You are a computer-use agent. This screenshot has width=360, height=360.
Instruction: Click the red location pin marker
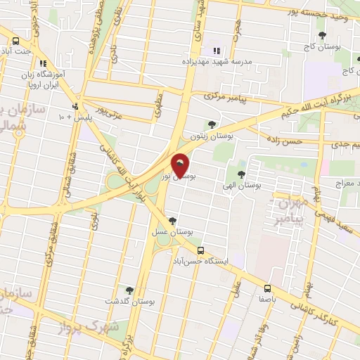[181, 165]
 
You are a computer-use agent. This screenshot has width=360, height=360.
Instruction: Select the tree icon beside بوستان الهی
[241, 174]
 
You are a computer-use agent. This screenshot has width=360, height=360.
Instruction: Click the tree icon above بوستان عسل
[172, 221]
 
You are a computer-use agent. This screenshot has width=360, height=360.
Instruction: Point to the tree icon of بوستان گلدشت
[129, 290]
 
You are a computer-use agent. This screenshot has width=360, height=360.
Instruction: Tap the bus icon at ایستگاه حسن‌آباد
[201, 250]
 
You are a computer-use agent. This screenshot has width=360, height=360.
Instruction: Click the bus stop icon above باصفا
[267, 288]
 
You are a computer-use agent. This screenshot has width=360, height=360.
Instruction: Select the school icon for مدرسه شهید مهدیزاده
[217, 51]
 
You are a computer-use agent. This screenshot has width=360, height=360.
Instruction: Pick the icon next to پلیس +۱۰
[76, 107]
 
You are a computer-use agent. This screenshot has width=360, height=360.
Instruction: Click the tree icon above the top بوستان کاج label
[323, 34]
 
